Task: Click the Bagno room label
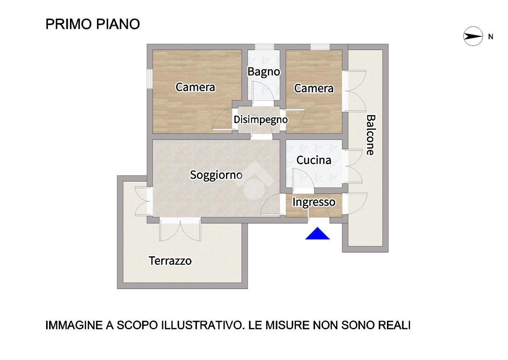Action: point(264,72)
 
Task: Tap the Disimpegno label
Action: point(261,120)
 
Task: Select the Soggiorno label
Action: point(216,175)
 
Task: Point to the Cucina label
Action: point(314,161)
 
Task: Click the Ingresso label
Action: point(314,202)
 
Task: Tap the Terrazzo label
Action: point(170,260)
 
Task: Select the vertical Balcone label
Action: point(371,135)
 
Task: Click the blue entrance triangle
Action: point(317,233)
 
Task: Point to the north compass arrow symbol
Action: point(473,36)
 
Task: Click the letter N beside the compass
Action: point(491,37)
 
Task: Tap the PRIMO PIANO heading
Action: point(93,24)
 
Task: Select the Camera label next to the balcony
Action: point(314,89)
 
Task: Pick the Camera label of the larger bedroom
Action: point(195,87)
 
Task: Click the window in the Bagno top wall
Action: point(265,47)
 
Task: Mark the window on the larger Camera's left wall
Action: point(150,78)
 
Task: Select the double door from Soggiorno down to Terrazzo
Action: point(180,230)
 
